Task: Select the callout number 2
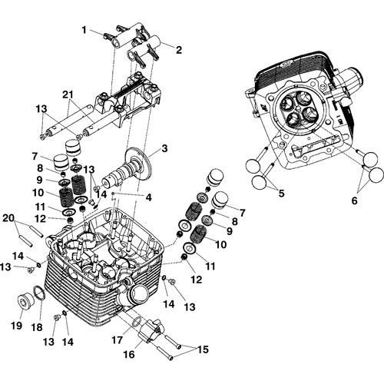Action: click(x=178, y=50)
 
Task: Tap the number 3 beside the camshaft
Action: click(x=163, y=147)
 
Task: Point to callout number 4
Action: click(x=148, y=197)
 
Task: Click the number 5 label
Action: click(x=280, y=194)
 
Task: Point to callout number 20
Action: click(x=8, y=218)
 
